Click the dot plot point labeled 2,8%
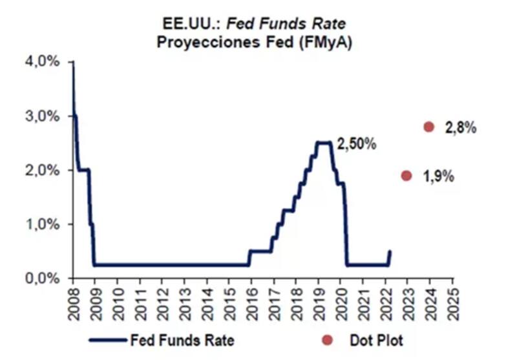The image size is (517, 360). (428, 127)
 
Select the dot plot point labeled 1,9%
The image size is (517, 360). (406, 175)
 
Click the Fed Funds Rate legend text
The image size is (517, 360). (182, 339)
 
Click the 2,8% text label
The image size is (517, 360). (460, 127)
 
